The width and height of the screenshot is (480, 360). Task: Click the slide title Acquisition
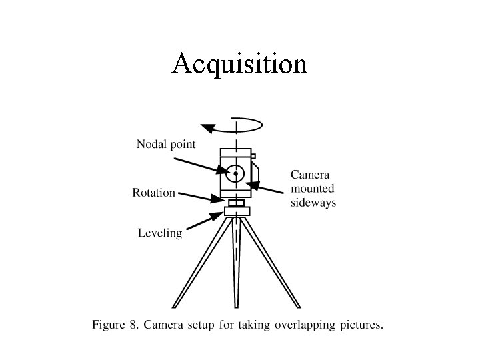point(239,65)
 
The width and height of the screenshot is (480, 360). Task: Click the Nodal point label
point(166,144)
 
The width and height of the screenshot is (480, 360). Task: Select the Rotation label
point(153,193)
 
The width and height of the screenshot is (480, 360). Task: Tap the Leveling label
point(160,233)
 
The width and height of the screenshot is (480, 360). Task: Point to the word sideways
point(313,202)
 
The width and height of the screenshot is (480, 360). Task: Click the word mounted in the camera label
point(313,189)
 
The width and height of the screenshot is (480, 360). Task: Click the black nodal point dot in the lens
point(235,174)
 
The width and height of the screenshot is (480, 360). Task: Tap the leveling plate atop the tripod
point(237,211)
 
